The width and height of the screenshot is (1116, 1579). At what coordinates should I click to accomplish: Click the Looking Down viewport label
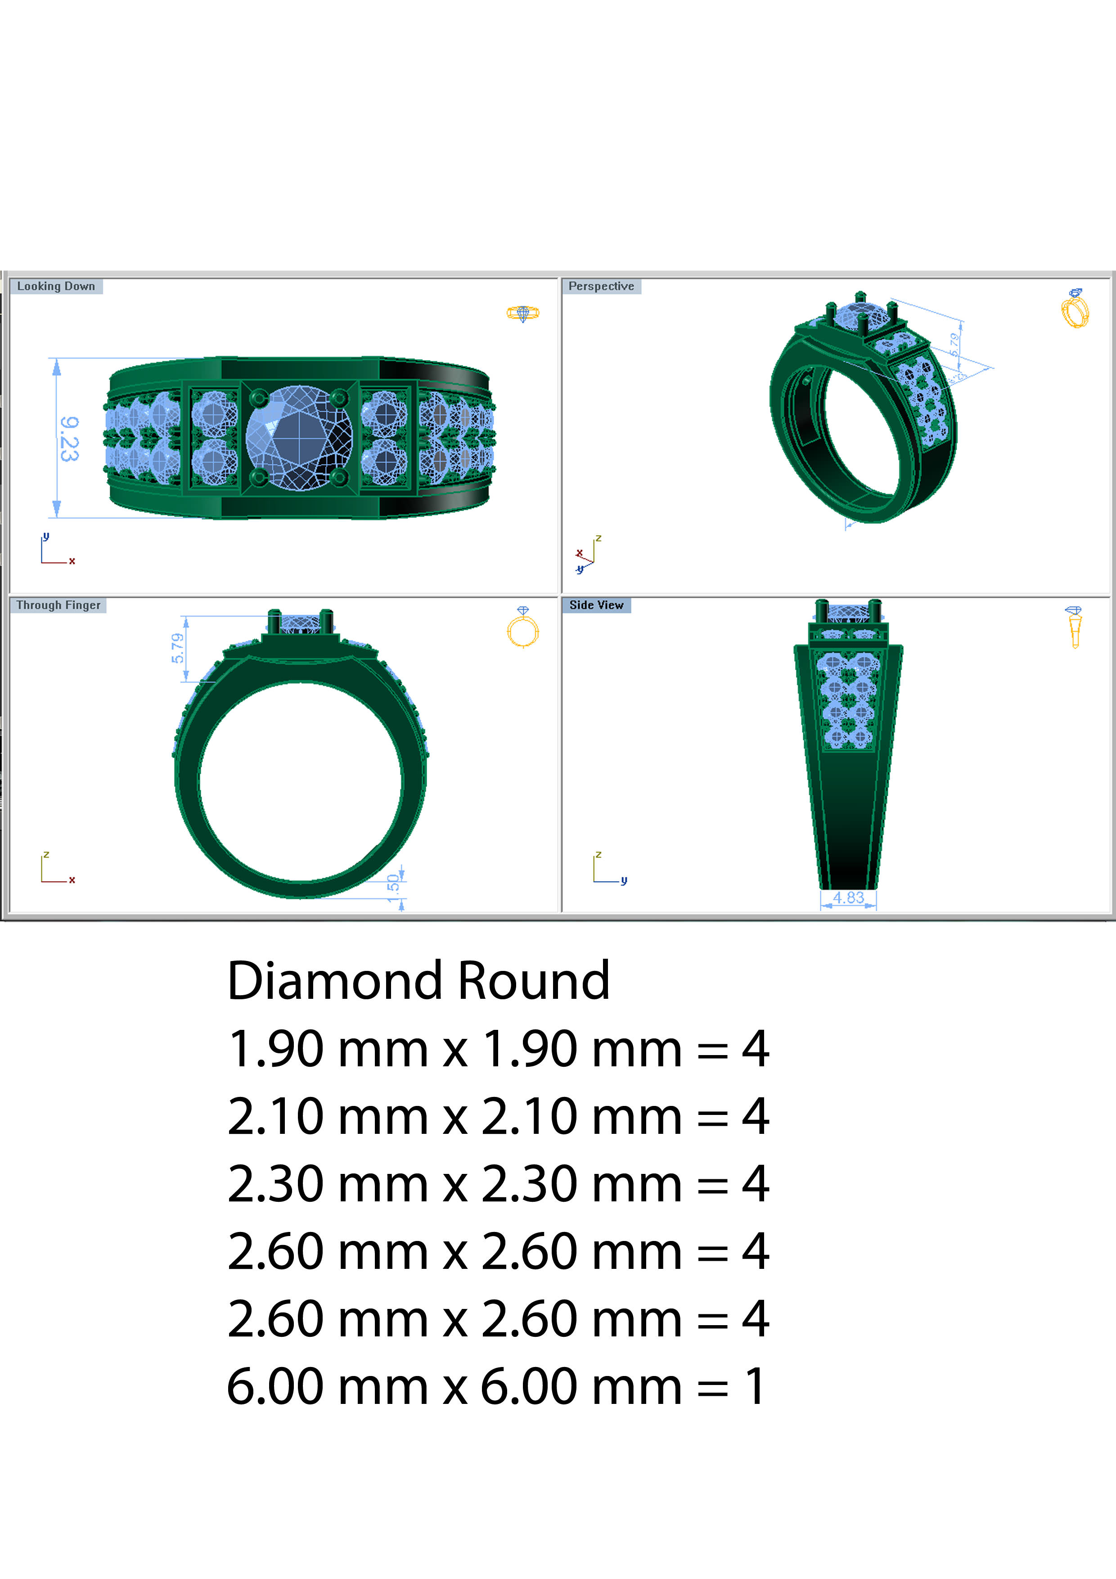tap(56, 286)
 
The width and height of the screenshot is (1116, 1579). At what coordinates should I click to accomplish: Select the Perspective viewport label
tap(601, 286)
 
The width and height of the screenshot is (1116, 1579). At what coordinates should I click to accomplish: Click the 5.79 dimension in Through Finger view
tap(177, 648)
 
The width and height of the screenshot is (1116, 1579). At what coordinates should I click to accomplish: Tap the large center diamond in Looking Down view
tap(299, 438)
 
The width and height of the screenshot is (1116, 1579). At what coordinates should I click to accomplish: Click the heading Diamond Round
tap(418, 981)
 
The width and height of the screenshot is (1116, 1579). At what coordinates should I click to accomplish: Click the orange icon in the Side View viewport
tap(1074, 627)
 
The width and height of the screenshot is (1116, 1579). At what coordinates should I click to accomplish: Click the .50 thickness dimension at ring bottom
tap(393, 883)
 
